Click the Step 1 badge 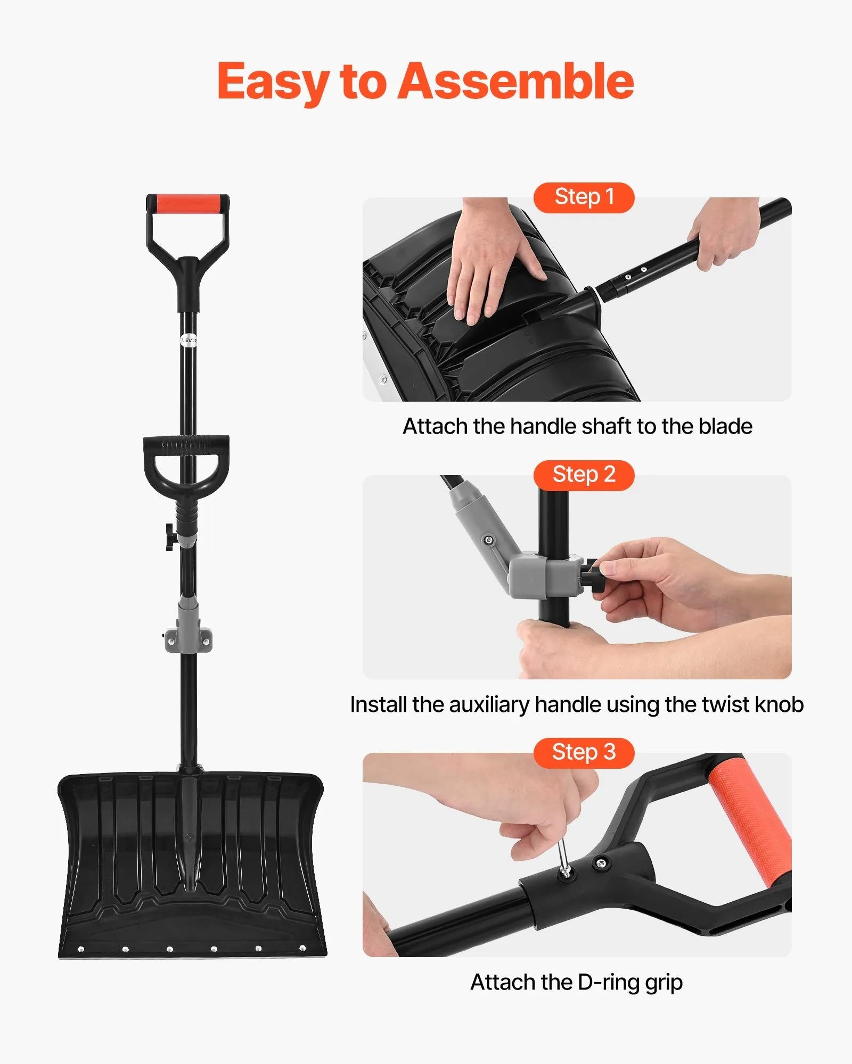[584, 197]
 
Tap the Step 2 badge [584, 475]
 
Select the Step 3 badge [584, 752]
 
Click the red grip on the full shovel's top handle [188, 204]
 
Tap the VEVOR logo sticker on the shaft [189, 339]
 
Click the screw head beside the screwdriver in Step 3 [602, 863]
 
